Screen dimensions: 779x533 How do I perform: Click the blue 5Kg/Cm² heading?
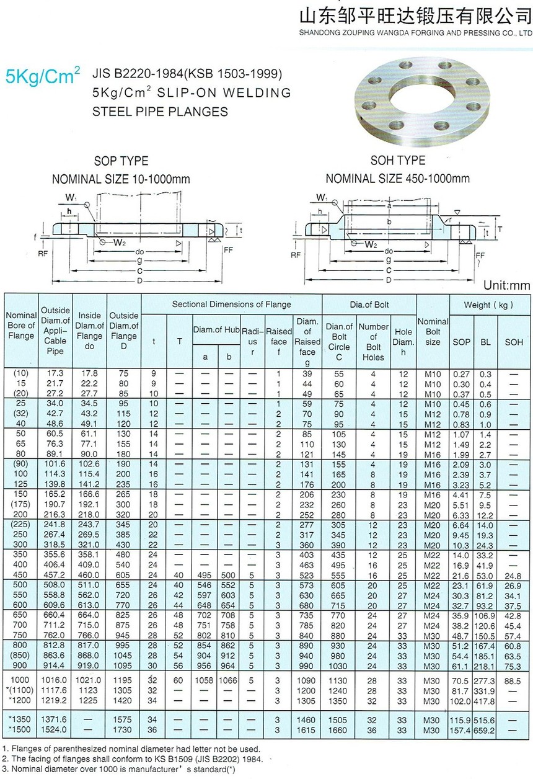click(43, 77)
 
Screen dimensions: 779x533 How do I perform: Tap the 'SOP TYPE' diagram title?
click(121, 161)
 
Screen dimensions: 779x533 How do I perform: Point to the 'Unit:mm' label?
click(506, 286)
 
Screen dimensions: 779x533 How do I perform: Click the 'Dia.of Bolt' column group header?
click(369, 304)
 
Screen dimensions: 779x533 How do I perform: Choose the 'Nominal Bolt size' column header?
click(432, 332)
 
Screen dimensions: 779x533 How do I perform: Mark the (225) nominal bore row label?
click(21, 524)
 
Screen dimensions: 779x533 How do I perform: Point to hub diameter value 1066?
click(228, 680)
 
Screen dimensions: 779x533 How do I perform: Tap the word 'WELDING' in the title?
click(258, 93)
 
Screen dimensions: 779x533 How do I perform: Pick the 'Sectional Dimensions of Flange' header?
click(231, 304)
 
